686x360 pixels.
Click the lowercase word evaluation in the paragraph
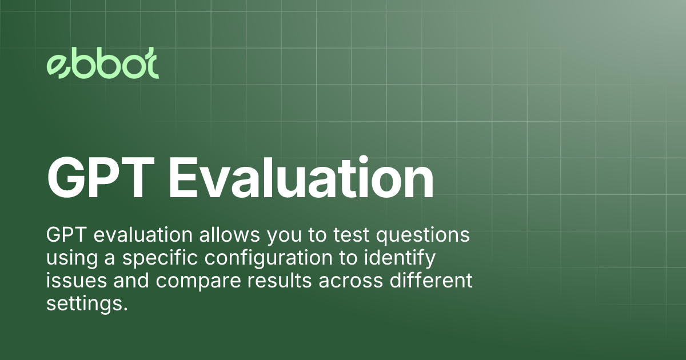point(138,236)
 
